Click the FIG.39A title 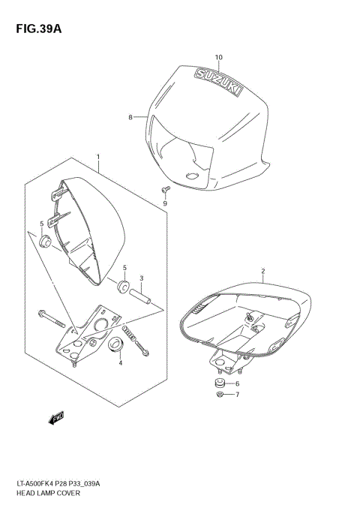(x=34, y=29)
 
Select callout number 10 (x=219, y=57)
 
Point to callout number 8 (x=130, y=117)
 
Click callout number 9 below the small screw (x=166, y=203)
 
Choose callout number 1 (x=97, y=158)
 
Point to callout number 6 (x=237, y=383)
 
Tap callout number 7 (x=237, y=395)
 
